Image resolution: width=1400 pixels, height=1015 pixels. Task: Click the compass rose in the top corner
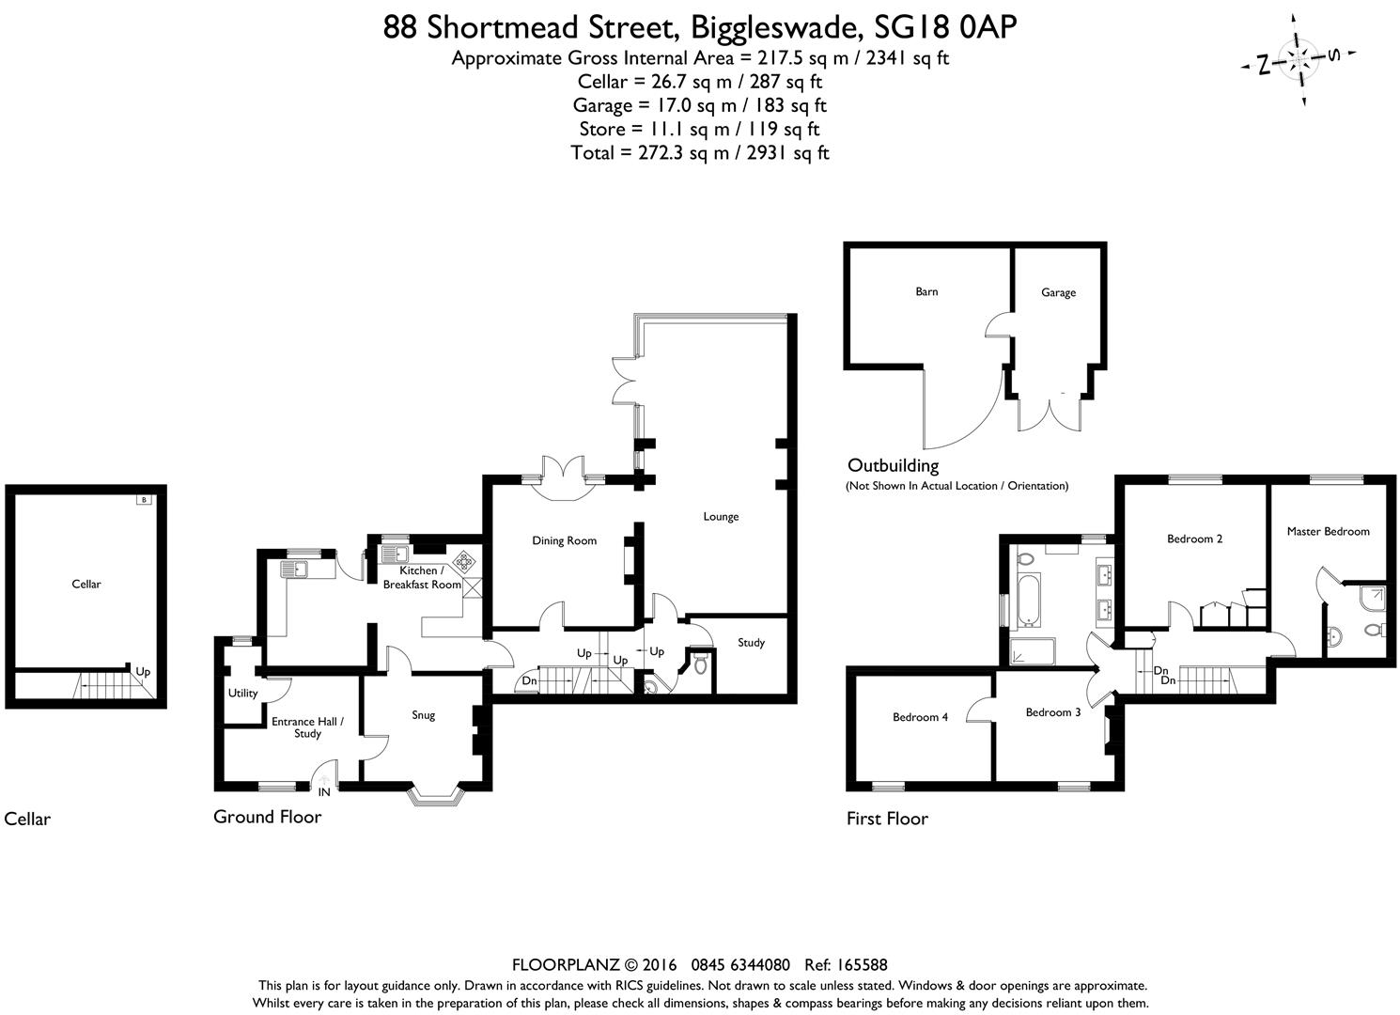click(1299, 60)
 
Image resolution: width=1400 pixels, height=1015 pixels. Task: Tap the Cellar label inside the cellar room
click(86, 584)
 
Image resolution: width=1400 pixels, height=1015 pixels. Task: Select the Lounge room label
click(721, 516)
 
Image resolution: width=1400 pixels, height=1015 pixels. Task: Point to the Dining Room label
click(564, 540)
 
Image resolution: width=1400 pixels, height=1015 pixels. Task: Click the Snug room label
click(424, 715)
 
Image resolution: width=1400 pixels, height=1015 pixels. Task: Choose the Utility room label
click(242, 694)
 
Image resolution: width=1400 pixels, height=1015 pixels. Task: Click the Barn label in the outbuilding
click(926, 291)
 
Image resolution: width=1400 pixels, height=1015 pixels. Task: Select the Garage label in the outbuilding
click(1058, 292)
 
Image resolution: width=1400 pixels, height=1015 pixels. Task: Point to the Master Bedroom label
click(1328, 531)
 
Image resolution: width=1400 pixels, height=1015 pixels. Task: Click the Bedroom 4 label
click(920, 717)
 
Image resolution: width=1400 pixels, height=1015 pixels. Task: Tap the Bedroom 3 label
click(1052, 712)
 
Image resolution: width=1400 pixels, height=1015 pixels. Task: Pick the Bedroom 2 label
click(1194, 539)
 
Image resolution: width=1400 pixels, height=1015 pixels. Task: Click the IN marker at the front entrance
click(324, 792)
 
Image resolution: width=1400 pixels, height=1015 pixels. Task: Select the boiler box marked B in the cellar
click(144, 499)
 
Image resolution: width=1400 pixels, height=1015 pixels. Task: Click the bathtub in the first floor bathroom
click(1027, 602)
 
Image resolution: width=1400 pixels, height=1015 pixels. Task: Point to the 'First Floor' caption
click(887, 819)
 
